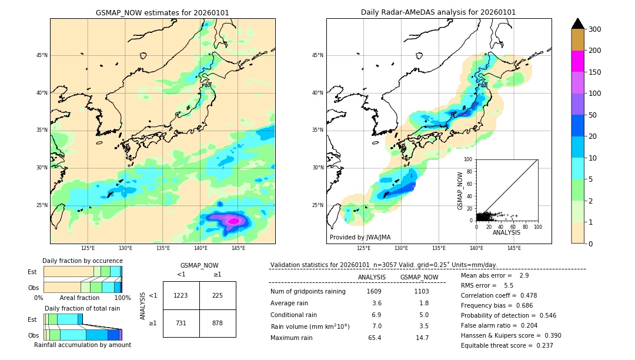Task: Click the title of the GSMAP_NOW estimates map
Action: coord(162,12)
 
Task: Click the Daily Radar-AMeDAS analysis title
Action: coord(438,12)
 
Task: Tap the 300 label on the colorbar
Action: coord(594,29)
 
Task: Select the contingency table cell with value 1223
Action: coord(181,295)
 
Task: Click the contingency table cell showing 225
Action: coord(218,295)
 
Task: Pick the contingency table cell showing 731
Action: coord(181,323)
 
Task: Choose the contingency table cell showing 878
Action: coord(218,323)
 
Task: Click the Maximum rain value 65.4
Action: coord(374,338)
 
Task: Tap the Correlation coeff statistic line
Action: coord(499,295)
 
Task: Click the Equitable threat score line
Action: coord(507,345)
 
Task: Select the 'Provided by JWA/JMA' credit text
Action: coord(360,237)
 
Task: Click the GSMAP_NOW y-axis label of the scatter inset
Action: coord(461,190)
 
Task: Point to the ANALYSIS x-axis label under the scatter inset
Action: coord(506,232)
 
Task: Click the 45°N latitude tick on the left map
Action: coord(42,55)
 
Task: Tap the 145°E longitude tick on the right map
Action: coord(514,248)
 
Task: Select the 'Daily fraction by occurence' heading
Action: coord(82,261)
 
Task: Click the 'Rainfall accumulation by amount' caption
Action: coord(82,345)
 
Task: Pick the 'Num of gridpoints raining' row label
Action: coord(308,291)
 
